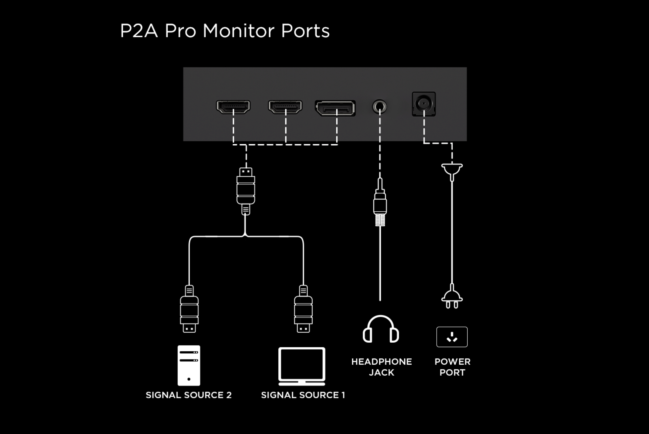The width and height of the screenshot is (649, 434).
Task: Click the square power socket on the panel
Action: [x=424, y=104]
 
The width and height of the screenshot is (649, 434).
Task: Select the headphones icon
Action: [x=381, y=329]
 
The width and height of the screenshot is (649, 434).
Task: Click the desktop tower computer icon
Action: [x=189, y=365]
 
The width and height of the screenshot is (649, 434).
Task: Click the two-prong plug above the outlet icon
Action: [x=452, y=298]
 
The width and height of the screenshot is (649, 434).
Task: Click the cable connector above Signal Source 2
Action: [x=189, y=309]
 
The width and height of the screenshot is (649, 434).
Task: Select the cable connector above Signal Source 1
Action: [x=303, y=309]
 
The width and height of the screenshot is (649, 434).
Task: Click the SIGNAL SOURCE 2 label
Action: [x=189, y=395]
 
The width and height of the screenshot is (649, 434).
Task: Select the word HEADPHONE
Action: [x=381, y=362]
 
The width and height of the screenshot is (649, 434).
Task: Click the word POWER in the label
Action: [x=452, y=362]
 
